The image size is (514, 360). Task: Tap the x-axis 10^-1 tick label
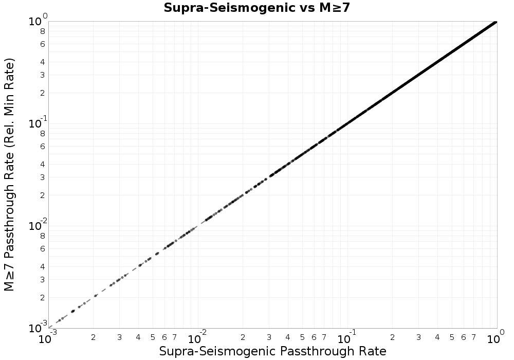click(347, 338)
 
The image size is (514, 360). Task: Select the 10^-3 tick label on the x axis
click(48, 338)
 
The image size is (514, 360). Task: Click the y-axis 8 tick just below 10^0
click(43, 31)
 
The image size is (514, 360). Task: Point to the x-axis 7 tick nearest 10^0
click(474, 337)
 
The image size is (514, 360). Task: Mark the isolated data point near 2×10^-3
click(96, 296)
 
